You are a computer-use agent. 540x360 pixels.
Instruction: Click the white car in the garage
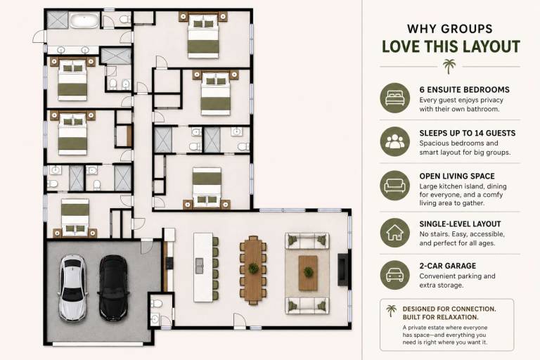72,288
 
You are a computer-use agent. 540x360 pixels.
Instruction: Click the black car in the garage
113,288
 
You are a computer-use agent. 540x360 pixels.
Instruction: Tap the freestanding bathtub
84,20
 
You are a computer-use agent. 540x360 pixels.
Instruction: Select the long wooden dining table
253,270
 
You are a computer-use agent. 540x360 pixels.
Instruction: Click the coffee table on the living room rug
308,273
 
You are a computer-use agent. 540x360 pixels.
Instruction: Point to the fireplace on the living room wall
342,269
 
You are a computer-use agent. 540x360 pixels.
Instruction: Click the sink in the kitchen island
200,266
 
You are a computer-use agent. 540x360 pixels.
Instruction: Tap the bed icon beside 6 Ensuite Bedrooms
395,98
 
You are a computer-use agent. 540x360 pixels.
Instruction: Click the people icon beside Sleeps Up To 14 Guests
395,141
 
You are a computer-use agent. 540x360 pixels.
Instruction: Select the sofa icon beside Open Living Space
395,186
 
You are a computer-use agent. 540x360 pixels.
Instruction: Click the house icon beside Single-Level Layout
395,233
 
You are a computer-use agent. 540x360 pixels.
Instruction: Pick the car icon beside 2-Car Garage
395,274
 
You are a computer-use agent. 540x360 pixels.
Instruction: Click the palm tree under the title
449,66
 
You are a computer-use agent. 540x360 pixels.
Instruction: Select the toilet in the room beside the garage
157,304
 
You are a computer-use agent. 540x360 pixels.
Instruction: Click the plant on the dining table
253,268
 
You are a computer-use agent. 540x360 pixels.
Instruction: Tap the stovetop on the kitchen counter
169,263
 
